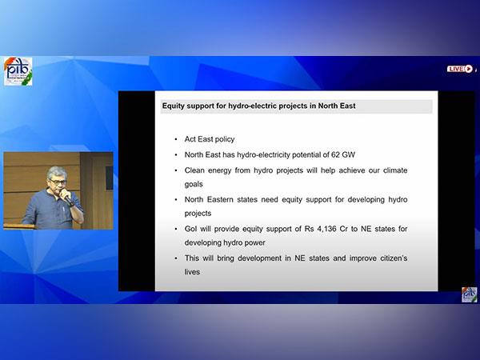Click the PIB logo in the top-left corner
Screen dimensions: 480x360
tap(18, 71)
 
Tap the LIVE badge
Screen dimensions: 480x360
tap(460, 69)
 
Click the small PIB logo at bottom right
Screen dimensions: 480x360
tap(470, 294)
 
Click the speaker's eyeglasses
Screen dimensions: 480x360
tap(58, 182)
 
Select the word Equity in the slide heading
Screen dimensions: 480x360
tap(174, 106)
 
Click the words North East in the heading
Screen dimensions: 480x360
tap(337, 106)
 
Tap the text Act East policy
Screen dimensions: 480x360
tap(210, 139)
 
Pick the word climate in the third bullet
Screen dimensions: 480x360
tap(395, 170)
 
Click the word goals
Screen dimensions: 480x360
tap(194, 184)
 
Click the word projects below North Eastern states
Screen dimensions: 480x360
tap(198, 214)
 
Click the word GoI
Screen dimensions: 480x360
tap(190, 229)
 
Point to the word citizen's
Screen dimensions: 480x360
tap(394, 258)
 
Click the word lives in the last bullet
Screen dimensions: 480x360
tap(192, 272)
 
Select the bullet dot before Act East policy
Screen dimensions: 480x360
tap(176, 139)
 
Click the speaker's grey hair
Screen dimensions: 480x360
tap(57, 172)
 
